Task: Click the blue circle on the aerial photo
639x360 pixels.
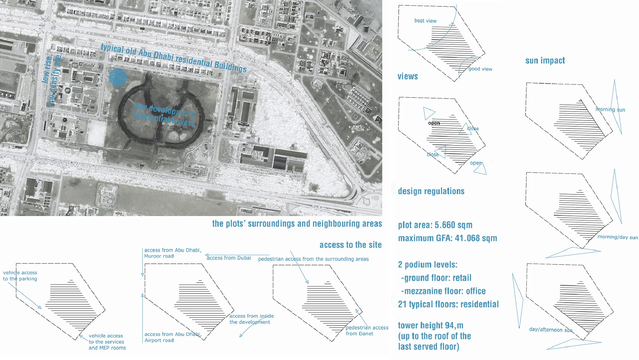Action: (118, 77)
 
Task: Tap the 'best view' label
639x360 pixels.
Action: (425, 21)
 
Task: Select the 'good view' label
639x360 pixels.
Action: (480, 69)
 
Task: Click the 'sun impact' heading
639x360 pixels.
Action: (545, 60)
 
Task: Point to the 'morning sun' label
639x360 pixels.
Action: (610, 110)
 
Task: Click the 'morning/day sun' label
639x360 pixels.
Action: (618, 237)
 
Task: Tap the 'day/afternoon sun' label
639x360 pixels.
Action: (550, 330)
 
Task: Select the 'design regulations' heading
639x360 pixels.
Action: (431, 191)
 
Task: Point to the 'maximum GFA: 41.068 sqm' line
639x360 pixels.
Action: (447, 238)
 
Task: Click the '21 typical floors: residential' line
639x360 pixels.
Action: (448, 304)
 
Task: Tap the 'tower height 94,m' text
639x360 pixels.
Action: (430, 325)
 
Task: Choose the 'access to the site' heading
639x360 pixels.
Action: (350, 245)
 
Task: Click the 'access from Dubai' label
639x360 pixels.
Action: (229, 258)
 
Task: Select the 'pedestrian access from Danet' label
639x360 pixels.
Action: (367, 331)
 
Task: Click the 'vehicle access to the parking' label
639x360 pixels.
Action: (20, 276)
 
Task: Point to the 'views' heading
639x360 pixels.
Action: (408, 76)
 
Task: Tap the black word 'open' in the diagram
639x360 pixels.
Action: (434, 123)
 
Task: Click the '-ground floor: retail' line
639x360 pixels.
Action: (436, 278)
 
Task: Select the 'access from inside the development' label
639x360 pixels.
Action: (251, 319)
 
